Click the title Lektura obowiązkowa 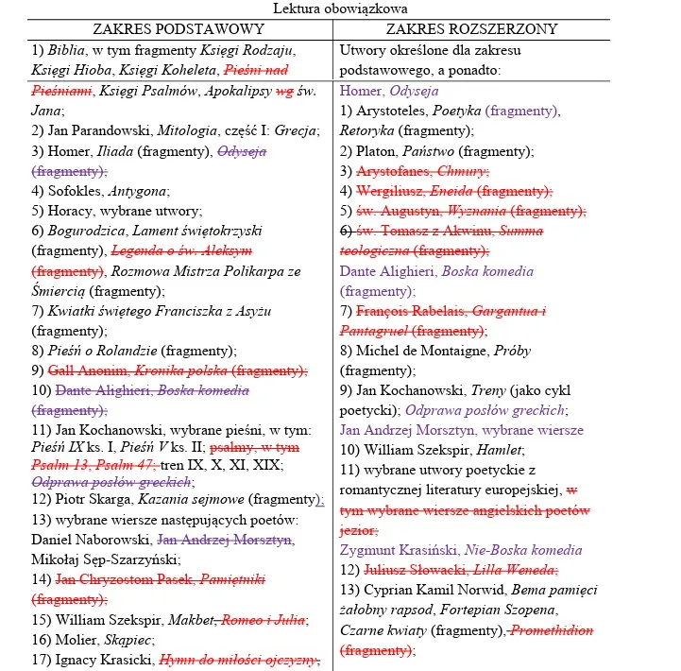[340, 9]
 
